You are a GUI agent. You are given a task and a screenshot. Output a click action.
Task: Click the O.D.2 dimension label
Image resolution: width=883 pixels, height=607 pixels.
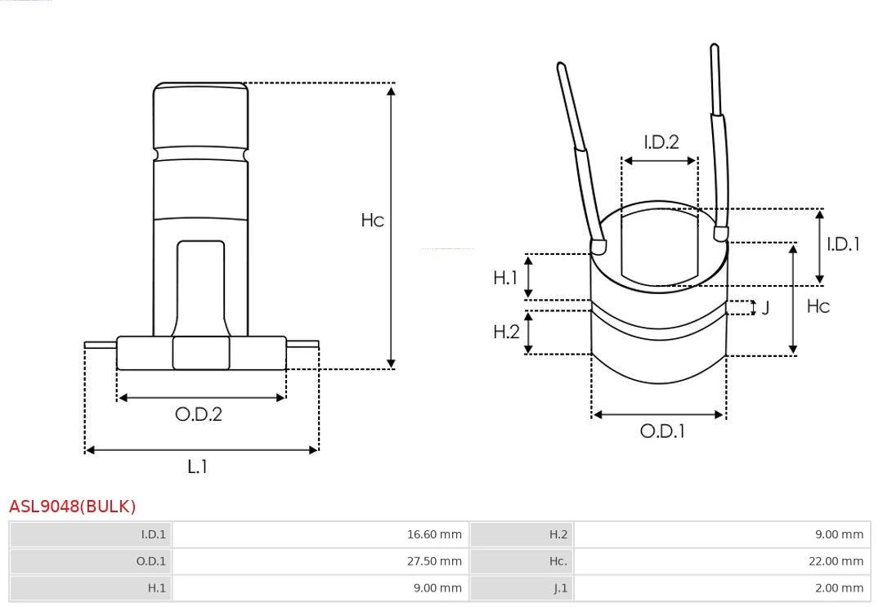click(198, 414)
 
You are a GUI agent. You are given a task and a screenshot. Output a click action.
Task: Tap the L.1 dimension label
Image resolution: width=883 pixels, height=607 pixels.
click(198, 466)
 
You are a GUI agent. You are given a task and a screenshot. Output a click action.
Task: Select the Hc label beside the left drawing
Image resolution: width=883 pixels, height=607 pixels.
click(372, 220)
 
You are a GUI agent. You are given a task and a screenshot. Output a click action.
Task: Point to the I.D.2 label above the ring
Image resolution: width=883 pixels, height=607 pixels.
click(661, 142)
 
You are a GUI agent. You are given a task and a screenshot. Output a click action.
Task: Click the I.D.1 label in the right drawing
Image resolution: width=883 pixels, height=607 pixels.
click(843, 244)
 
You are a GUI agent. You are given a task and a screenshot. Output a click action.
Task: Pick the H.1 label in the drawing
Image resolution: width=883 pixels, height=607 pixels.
click(505, 277)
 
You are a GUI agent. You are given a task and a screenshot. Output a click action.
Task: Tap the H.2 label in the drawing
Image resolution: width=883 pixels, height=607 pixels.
click(506, 332)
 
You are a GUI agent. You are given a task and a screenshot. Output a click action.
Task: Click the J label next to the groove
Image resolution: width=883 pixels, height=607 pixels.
click(765, 308)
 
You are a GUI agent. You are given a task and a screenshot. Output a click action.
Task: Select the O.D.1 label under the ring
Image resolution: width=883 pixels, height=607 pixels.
click(662, 431)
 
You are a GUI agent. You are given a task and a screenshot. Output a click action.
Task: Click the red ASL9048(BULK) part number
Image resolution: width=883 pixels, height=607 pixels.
click(73, 507)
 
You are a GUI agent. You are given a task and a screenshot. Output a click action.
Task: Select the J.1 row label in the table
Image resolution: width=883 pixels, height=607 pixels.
click(560, 588)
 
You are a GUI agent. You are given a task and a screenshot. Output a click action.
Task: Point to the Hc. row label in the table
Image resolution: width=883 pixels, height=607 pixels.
click(558, 561)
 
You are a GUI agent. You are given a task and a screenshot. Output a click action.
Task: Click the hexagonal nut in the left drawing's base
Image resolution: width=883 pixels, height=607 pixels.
click(201, 353)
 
